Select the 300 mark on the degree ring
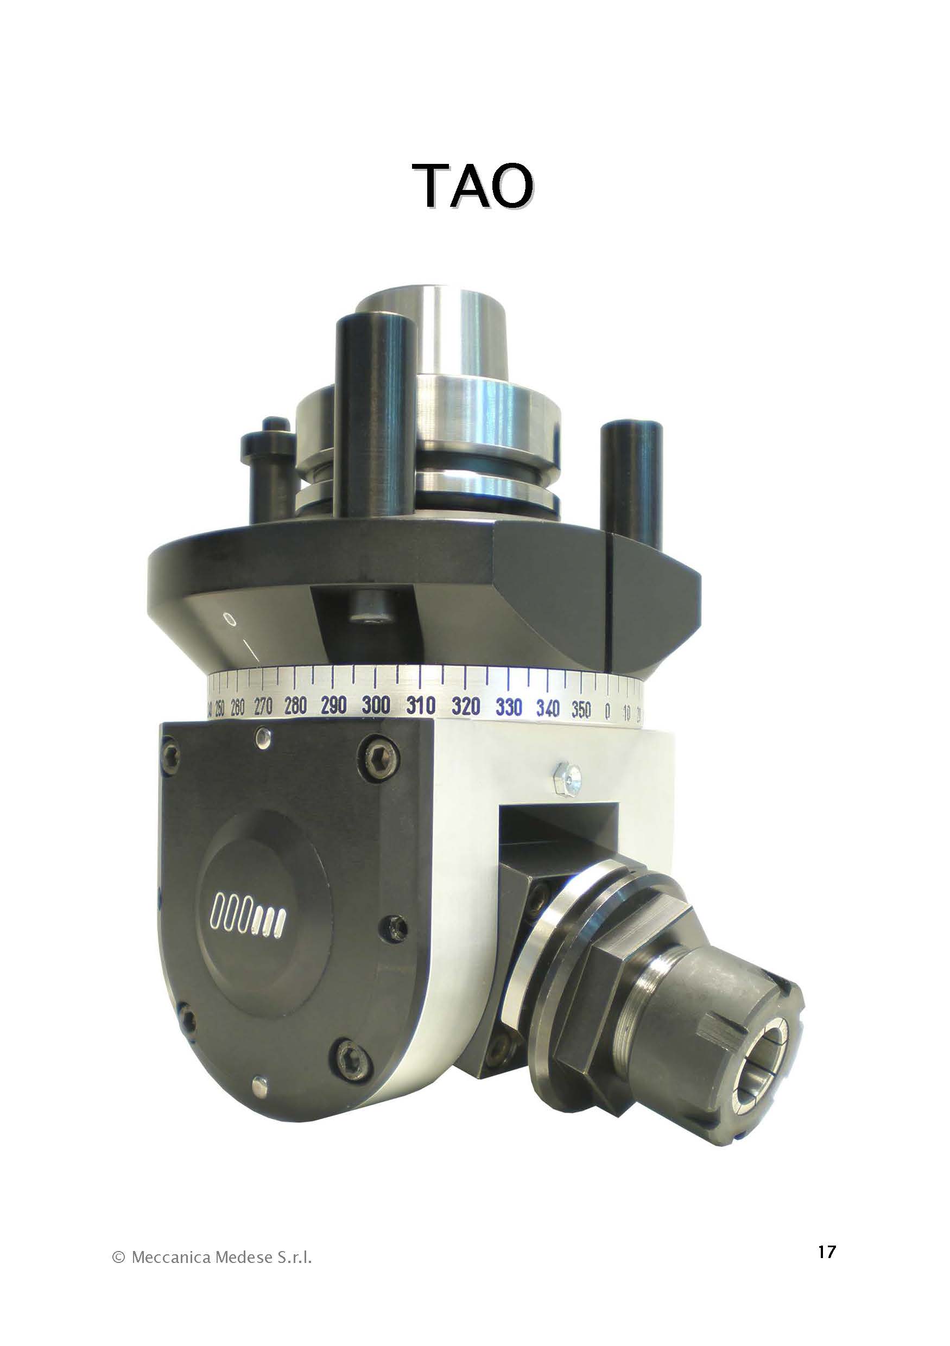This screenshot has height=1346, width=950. point(376,704)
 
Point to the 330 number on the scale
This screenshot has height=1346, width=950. point(509,707)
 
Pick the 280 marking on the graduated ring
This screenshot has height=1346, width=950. point(295,705)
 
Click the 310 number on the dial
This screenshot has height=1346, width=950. point(421,705)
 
